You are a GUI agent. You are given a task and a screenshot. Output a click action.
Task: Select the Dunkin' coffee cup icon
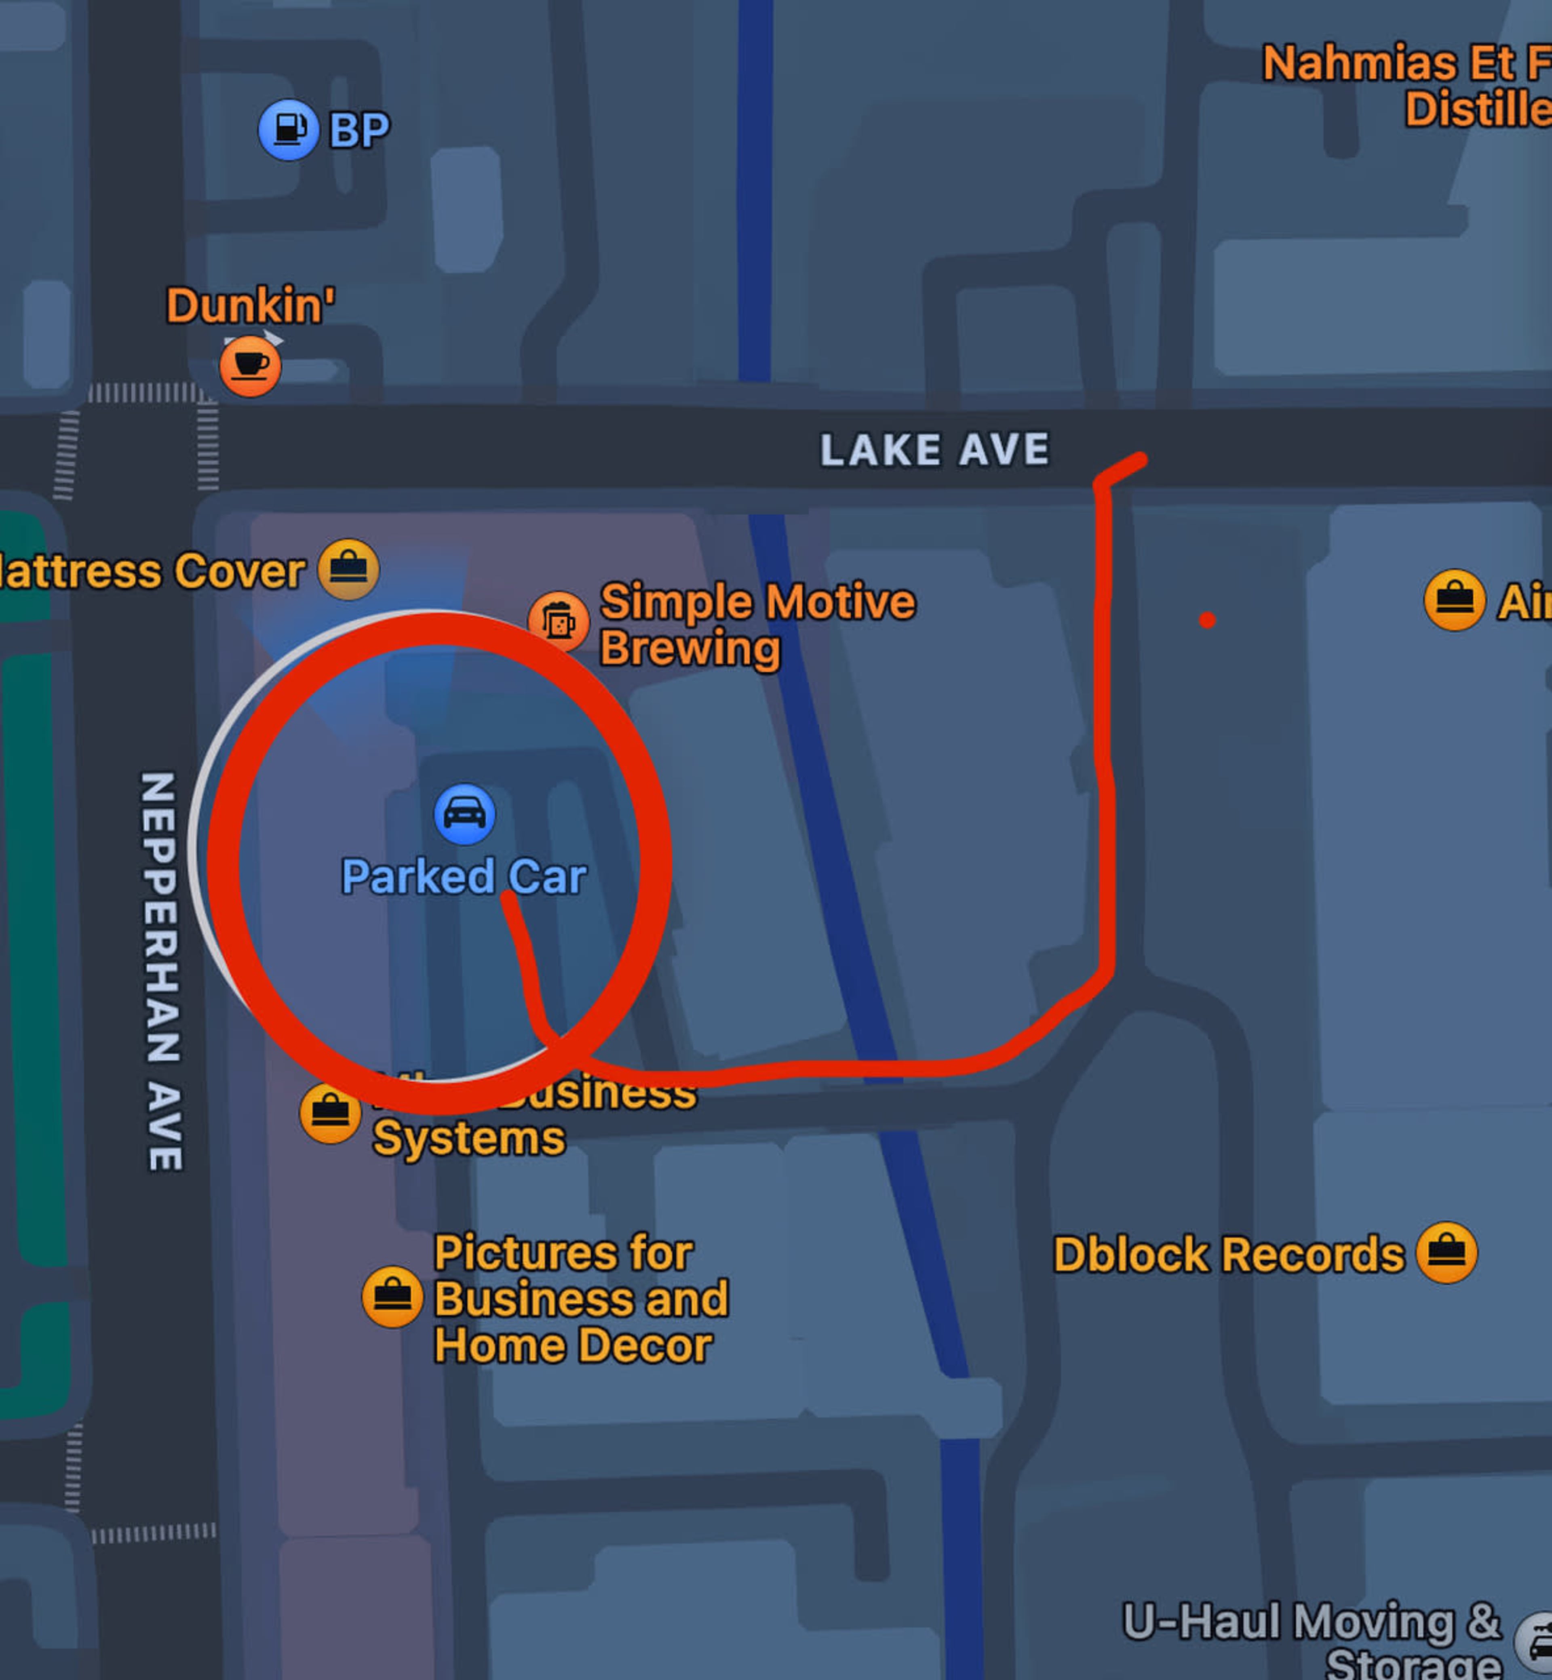(x=250, y=366)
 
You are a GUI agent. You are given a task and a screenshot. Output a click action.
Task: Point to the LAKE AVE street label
(x=934, y=450)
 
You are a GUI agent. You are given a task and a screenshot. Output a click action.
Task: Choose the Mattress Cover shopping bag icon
(x=348, y=569)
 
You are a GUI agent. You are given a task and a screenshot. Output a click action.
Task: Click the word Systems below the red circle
(x=468, y=1139)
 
